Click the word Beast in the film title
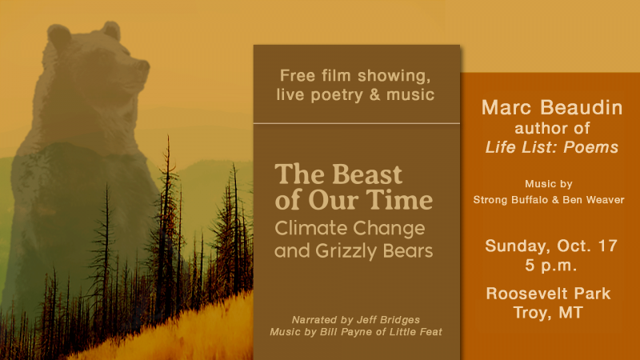click(x=367, y=174)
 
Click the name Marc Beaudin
click(x=552, y=108)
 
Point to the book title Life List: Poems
click(x=552, y=147)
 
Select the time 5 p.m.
click(x=551, y=266)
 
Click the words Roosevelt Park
click(x=548, y=294)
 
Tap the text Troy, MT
click(x=548, y=313)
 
